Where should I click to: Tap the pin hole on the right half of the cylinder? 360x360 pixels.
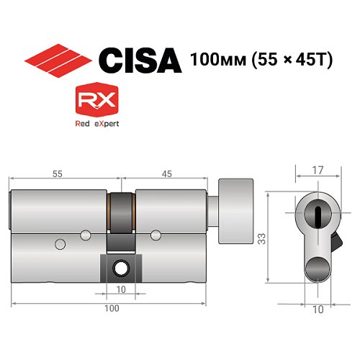point(156,233)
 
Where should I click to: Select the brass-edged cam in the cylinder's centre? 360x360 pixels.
point(121,216)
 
